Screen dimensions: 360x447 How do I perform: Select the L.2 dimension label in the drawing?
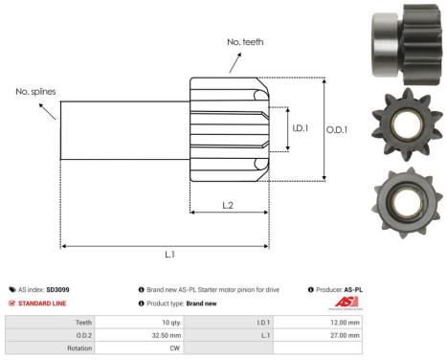[x=230, y=205]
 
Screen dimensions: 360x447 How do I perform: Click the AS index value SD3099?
[x=58, y=288]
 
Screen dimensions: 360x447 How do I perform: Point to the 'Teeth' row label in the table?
[x=83, y=323]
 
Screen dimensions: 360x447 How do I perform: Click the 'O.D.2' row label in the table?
[x=82, y=336]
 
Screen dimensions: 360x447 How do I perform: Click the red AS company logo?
[x=346, y=303]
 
